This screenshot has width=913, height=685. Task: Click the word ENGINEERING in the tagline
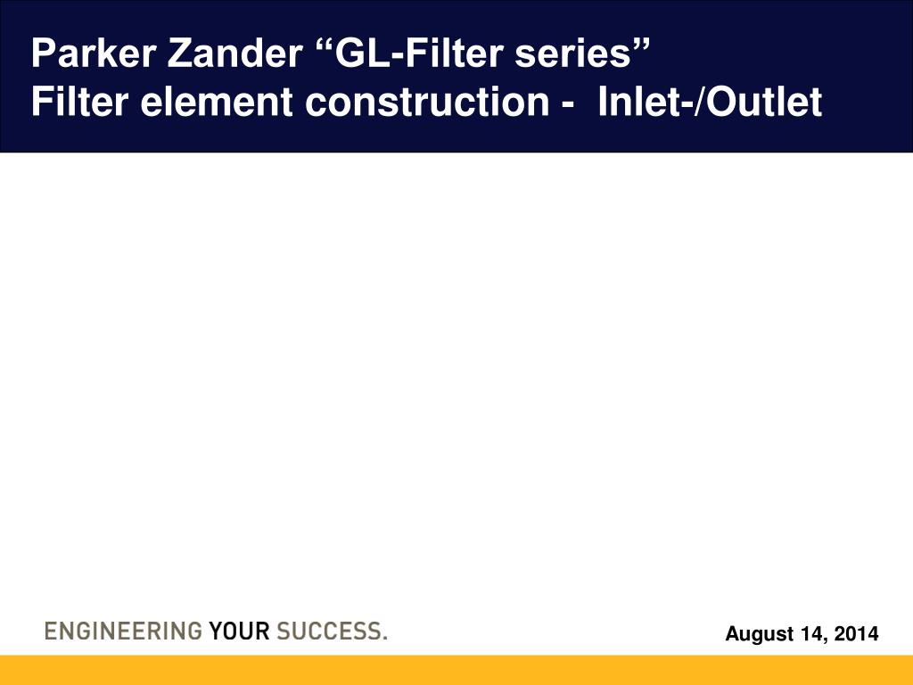pos(123,631)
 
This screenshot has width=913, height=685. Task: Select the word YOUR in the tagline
pos(239,631)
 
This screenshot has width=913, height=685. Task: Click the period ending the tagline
pos(384,639)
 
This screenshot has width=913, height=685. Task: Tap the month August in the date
pos(756,634)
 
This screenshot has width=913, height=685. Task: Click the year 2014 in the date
pos(857,634)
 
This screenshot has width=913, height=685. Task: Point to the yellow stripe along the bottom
pos(456,671)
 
